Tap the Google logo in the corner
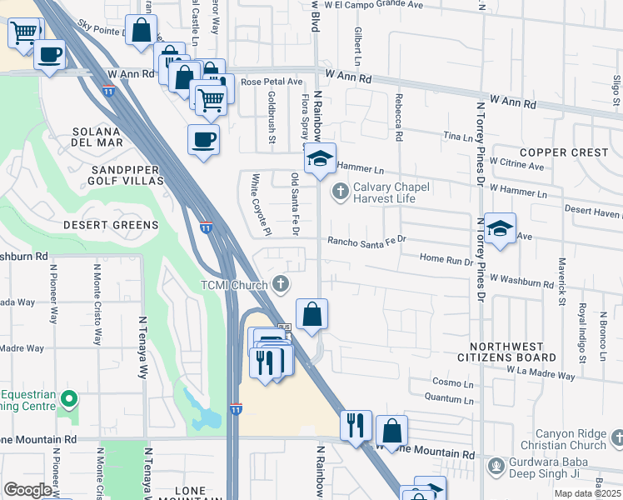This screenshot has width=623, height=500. click(27, 490)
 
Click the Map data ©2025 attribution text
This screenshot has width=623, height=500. click(588, 493)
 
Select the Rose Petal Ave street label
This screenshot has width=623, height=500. click(271, 82)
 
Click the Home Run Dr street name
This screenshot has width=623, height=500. click(446, 260)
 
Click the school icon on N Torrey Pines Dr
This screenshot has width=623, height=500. click(499, 229)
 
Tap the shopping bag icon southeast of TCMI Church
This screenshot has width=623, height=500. click(312, 315)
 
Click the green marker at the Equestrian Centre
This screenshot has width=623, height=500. click(70, 401)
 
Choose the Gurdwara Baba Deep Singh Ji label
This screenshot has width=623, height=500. click(558, 471)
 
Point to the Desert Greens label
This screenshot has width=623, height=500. click(111, 225)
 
